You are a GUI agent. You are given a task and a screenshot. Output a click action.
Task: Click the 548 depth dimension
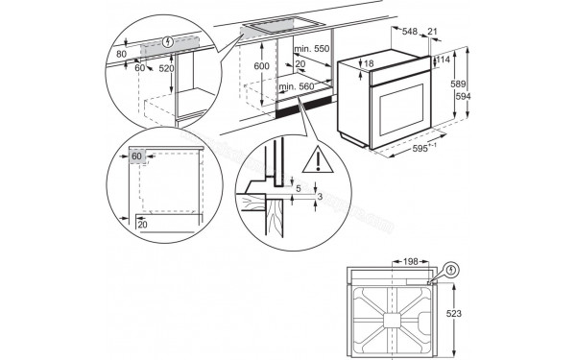(409, 32)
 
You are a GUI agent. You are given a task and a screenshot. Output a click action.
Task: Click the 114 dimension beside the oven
(444, 60)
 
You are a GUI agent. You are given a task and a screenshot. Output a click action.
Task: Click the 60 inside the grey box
(137, 156)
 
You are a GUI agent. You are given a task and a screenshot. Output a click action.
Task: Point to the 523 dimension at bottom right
(468, 312)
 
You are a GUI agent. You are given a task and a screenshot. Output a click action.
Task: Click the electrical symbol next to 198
(452, 270)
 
